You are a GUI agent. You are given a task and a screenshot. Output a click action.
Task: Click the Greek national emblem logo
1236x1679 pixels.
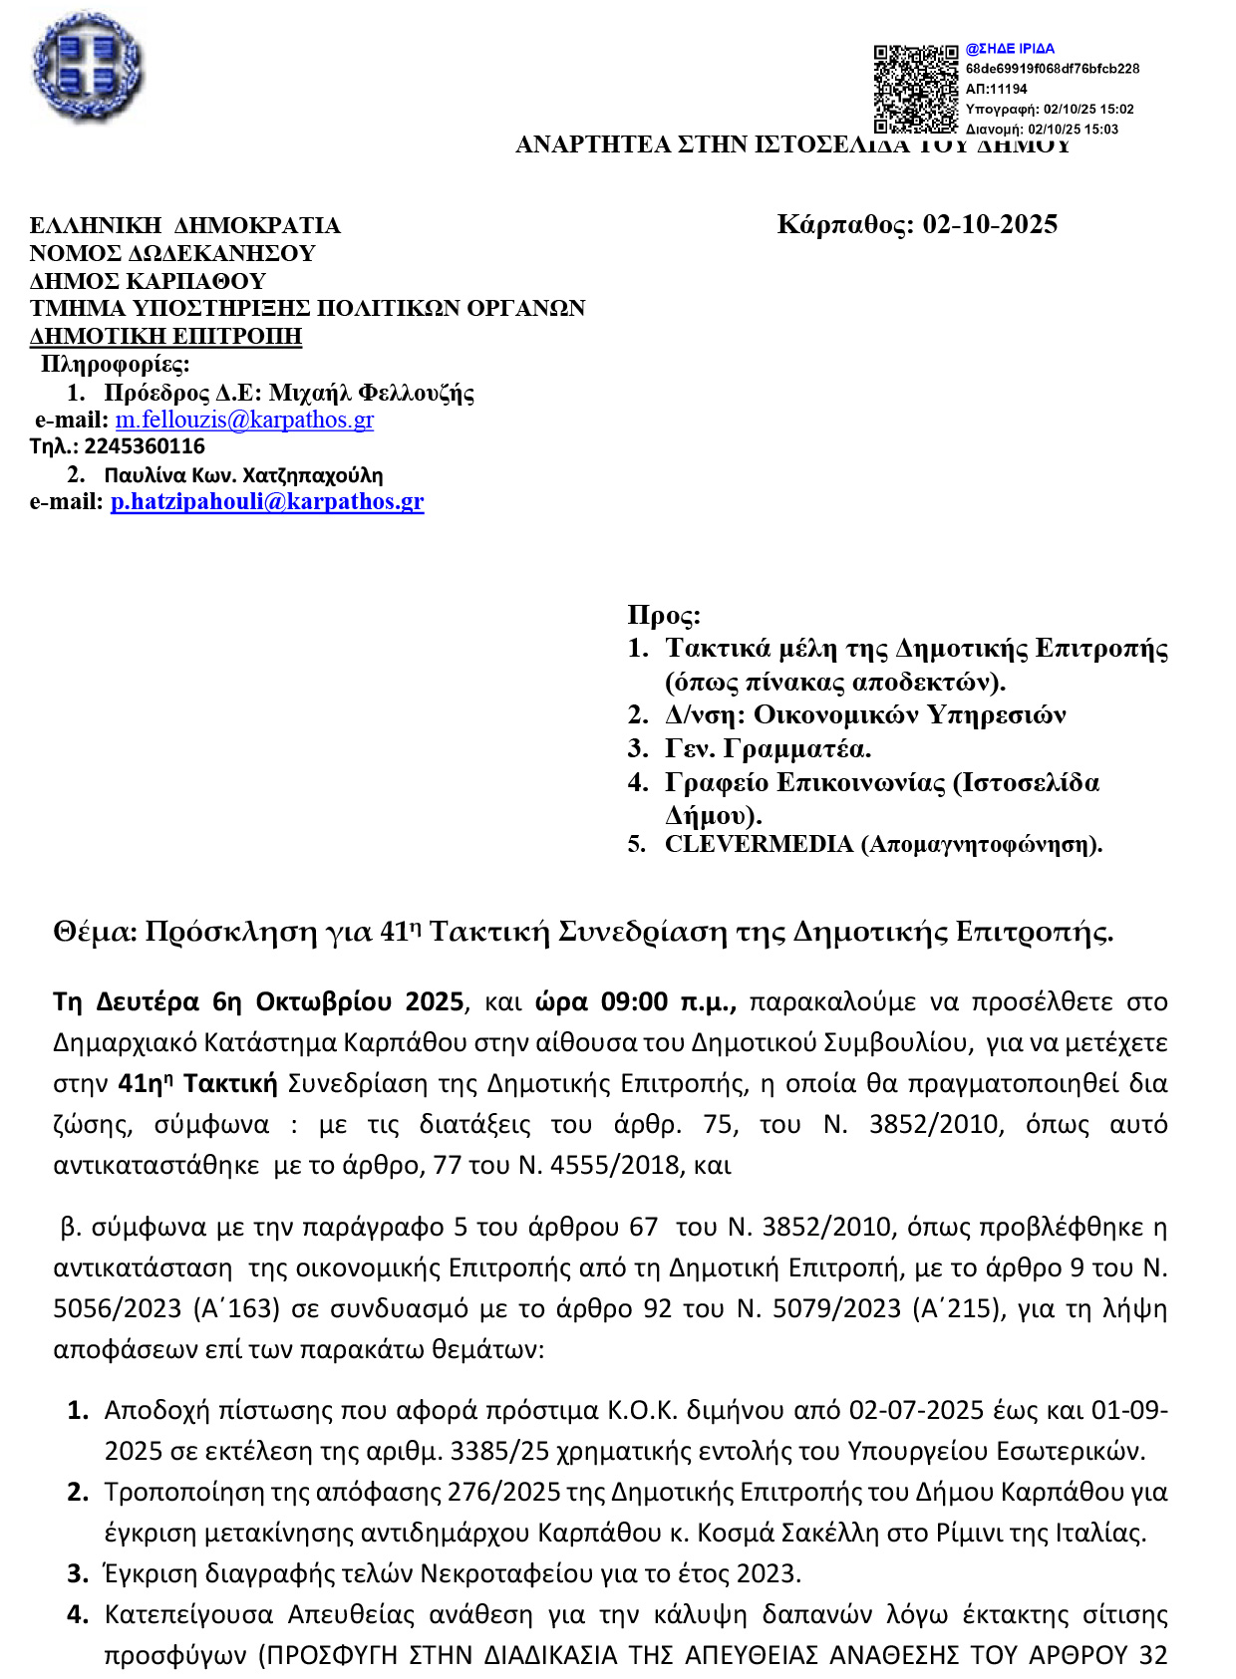coord(88,68)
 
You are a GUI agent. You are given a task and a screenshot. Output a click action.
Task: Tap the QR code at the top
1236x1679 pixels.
coord(916,89)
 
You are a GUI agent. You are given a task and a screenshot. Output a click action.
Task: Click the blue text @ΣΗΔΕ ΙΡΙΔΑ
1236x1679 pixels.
coord(1010,49)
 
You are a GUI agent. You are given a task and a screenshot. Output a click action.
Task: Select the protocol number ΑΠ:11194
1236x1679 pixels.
coord(996,89)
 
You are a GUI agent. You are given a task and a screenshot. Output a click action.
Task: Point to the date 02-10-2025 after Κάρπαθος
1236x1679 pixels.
coord(990,224)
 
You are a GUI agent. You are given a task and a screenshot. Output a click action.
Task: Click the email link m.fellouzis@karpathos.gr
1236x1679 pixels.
coord(244,420)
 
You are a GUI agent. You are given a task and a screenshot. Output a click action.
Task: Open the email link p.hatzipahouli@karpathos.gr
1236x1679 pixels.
coord(267,501)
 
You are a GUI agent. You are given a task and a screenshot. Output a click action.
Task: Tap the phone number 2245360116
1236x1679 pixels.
coord(145,446)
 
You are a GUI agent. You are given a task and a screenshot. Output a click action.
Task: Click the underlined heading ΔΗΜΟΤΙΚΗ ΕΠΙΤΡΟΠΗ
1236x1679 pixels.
coord(165,336)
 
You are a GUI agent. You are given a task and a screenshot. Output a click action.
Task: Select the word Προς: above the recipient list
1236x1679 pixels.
coord(664,615)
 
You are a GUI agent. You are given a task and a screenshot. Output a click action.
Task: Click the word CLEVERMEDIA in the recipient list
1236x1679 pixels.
coord(759,844)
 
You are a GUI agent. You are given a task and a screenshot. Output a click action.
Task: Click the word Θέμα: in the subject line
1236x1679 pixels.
coord(95,932)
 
